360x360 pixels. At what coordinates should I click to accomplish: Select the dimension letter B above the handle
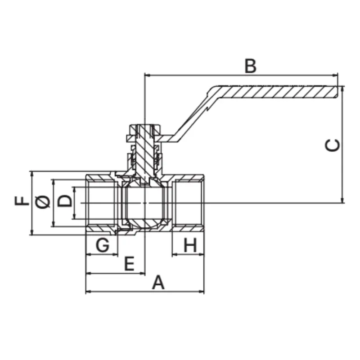click(251, 66)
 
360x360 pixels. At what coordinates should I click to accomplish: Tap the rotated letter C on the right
click(333, 145)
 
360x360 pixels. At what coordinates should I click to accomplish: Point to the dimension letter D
click(64, 201)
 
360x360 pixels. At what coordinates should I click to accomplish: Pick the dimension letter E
click(129, 264)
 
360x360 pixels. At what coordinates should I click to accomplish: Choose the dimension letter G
click(103, 245)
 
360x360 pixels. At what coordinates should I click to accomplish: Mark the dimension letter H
click(190, 245)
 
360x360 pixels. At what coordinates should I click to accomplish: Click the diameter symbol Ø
click(43, 202)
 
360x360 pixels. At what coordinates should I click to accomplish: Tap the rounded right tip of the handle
click(337, 92)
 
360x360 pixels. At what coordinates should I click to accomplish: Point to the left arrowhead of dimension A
click(87, 292)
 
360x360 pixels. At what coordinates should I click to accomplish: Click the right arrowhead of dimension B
click(336, 75)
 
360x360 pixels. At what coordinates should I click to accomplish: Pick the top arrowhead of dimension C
click(342, 88)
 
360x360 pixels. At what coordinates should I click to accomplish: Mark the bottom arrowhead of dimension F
click(32, 233)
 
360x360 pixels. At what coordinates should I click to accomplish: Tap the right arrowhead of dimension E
click(143, 274)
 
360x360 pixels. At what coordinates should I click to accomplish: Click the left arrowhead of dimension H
click(174, 254)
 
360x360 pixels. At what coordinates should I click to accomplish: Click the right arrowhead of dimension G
click(116, 254)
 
